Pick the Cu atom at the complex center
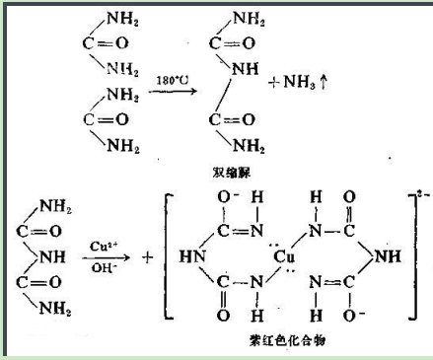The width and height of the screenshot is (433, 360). click(288, 258)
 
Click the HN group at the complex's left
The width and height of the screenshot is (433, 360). click(190, 258)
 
